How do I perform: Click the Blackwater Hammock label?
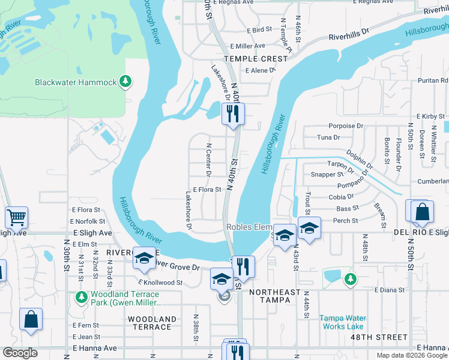pos(75,82)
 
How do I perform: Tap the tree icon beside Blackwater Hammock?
pos(125,81)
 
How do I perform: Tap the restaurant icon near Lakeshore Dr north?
pos(232,113)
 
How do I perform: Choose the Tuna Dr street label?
pos(328,137)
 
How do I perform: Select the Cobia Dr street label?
pos(341,196)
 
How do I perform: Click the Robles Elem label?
pos(250,227)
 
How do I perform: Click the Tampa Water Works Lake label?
pos(342,322)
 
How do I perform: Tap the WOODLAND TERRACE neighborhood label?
pos(152,323)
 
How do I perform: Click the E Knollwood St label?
pos(160,282)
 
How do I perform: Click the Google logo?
pos(20,353)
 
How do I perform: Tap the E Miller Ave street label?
pos(247,46)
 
